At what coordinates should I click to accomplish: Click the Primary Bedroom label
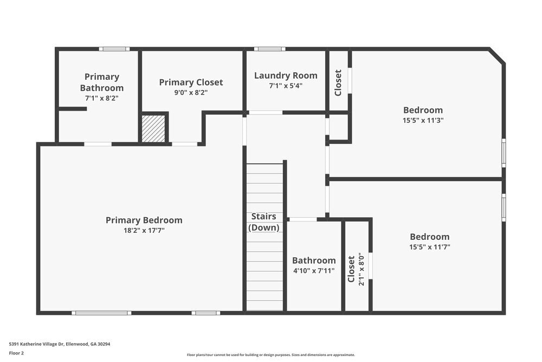[x=144, y=220]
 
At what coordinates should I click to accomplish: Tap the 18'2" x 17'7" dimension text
[x=144, y=231]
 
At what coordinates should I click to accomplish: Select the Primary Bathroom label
[x=102, y=82]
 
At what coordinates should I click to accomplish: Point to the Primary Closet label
[x=191, y=82]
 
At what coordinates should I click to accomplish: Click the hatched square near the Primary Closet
[x=153, y=129]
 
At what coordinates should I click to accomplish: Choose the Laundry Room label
[x=286, y=75]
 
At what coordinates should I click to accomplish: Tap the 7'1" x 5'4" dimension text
[x=286, y=86]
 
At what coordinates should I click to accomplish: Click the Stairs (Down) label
[x=264, y=222]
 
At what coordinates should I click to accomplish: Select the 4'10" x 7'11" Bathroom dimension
[x=314, y=270]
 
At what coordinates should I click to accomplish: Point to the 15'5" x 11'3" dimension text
[x=423, y=120]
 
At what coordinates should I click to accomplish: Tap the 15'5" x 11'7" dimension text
[x=429, y=247]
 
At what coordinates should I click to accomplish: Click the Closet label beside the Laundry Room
[x=338, y=82]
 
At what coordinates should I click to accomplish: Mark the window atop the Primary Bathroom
[x=114, y=49]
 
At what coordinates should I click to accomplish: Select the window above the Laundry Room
[x=269, y=49]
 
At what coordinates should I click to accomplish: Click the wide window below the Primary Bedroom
[x=101, y=313]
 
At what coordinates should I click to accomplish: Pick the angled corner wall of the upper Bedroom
[x=496, y=56]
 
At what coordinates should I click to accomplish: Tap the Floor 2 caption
[x=16, y=353]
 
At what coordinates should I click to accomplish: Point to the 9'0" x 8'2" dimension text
[x=191, y=93]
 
